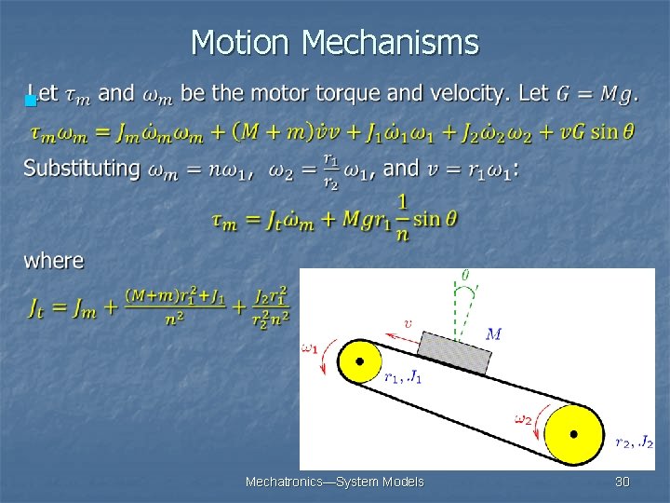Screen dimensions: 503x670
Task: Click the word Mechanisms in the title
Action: click(x=391, y=43)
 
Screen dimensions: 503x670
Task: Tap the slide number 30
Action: click(x=623, y=482)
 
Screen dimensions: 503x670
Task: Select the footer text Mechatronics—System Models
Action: click(x=334, y=482)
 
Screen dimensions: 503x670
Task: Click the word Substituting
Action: click(x=82, y=169)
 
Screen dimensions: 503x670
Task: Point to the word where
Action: click(x=53, y=261)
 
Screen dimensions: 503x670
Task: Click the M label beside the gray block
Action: click(x=494, y=333)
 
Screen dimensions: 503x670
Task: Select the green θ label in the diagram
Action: click(x=465, y=275)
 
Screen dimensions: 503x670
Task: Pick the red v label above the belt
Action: click(x=408, y=324)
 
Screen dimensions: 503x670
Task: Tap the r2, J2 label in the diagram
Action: click(x=635, y=442)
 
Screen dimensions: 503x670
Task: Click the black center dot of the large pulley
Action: click(x=573, y=434)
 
